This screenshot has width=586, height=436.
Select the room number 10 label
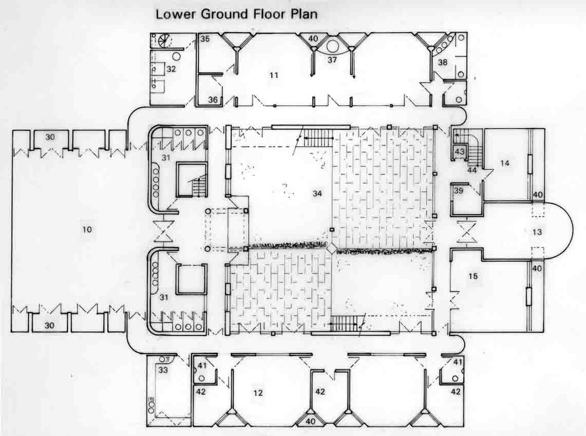pyautogui.click(x=87, y=229)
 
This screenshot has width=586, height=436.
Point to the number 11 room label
pyautogui.click(x=274, y=75)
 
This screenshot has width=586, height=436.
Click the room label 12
pyautogui.click(x=258, y=393)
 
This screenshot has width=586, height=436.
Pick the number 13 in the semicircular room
pyautogui.click(x=537, y=232)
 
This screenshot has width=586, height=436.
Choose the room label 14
pyautogui.click(x=504, y=163)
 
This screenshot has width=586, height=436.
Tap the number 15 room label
pyautogui.click(x=473, y=276)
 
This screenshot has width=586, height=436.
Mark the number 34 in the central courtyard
pyautogui.click(x=317, y=193)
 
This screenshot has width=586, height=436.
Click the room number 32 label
pyautogui.click(x=171, y=69)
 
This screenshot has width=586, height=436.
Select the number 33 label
pyautogui.click(x=163, y=370)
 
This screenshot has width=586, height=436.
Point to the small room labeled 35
pyautogui.click(x=205, y=38)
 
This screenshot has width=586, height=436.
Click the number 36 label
pyautogui.click(x=213, y=100)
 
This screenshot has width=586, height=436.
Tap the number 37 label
pyautogui.click(x=332, y=60)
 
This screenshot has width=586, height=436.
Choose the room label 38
pyautogui.click(x=443, y=62)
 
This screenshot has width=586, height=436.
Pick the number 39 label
pyautogui.click(x=458, y=190)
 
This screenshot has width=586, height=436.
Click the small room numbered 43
pyautogui.click(x=459, y=152)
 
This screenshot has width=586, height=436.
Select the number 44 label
pyautogui.click(x=472, y=170)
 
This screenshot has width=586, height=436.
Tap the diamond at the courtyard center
pyautogui.click(x=331, y=248)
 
